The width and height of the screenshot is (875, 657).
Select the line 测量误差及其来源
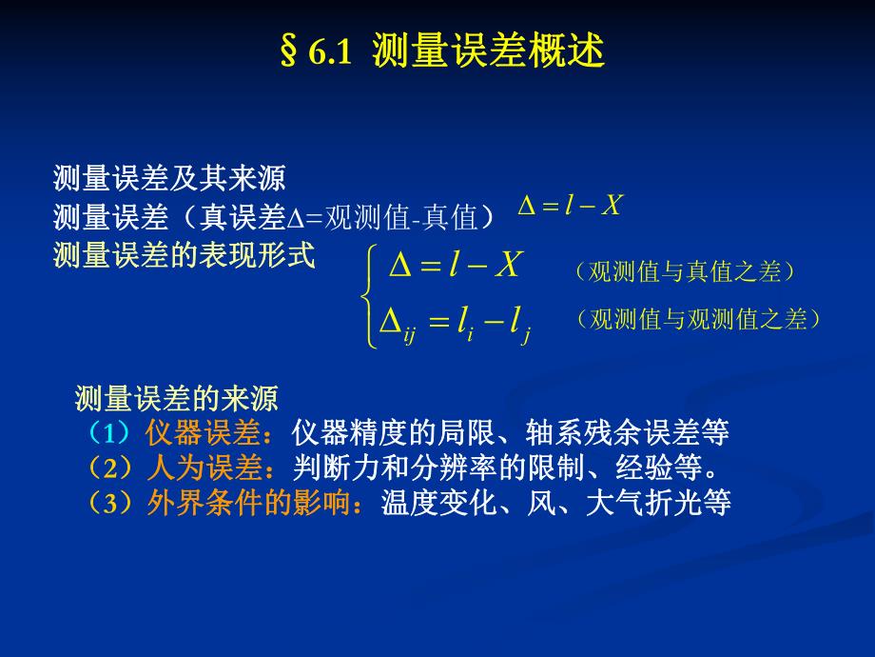(x=169, y=178)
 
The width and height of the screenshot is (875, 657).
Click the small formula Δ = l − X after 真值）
(x=569, y=205)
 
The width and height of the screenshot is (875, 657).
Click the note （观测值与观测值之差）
(x=697, y=320)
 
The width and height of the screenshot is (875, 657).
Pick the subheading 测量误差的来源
(x=176, y=397)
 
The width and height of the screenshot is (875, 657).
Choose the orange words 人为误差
(x=203, y=468)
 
